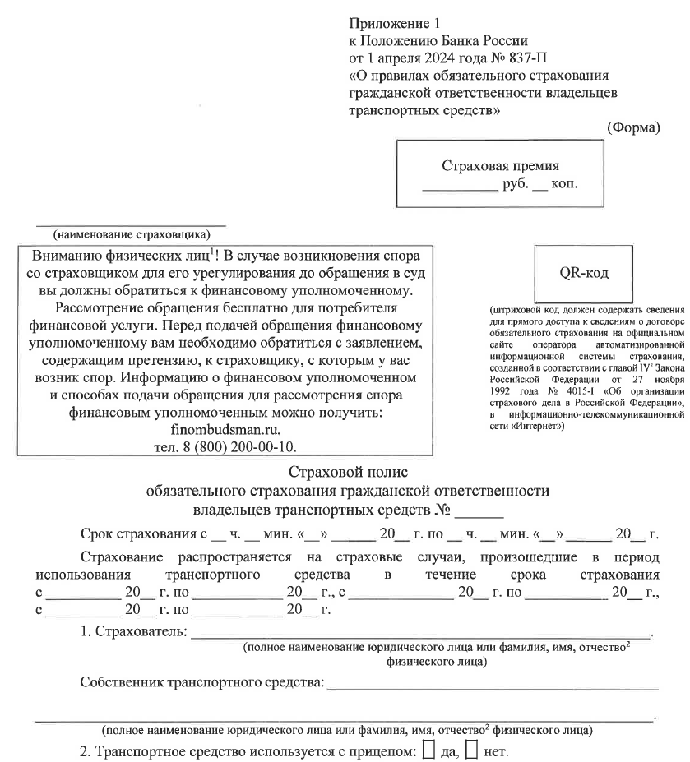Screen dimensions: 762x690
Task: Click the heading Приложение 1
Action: [x=390, y=22]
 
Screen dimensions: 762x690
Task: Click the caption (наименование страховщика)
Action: [x=130, y=232]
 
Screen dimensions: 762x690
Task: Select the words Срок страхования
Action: [x=139, y=534]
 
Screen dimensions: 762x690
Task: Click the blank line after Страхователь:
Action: [x=419, y=634]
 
